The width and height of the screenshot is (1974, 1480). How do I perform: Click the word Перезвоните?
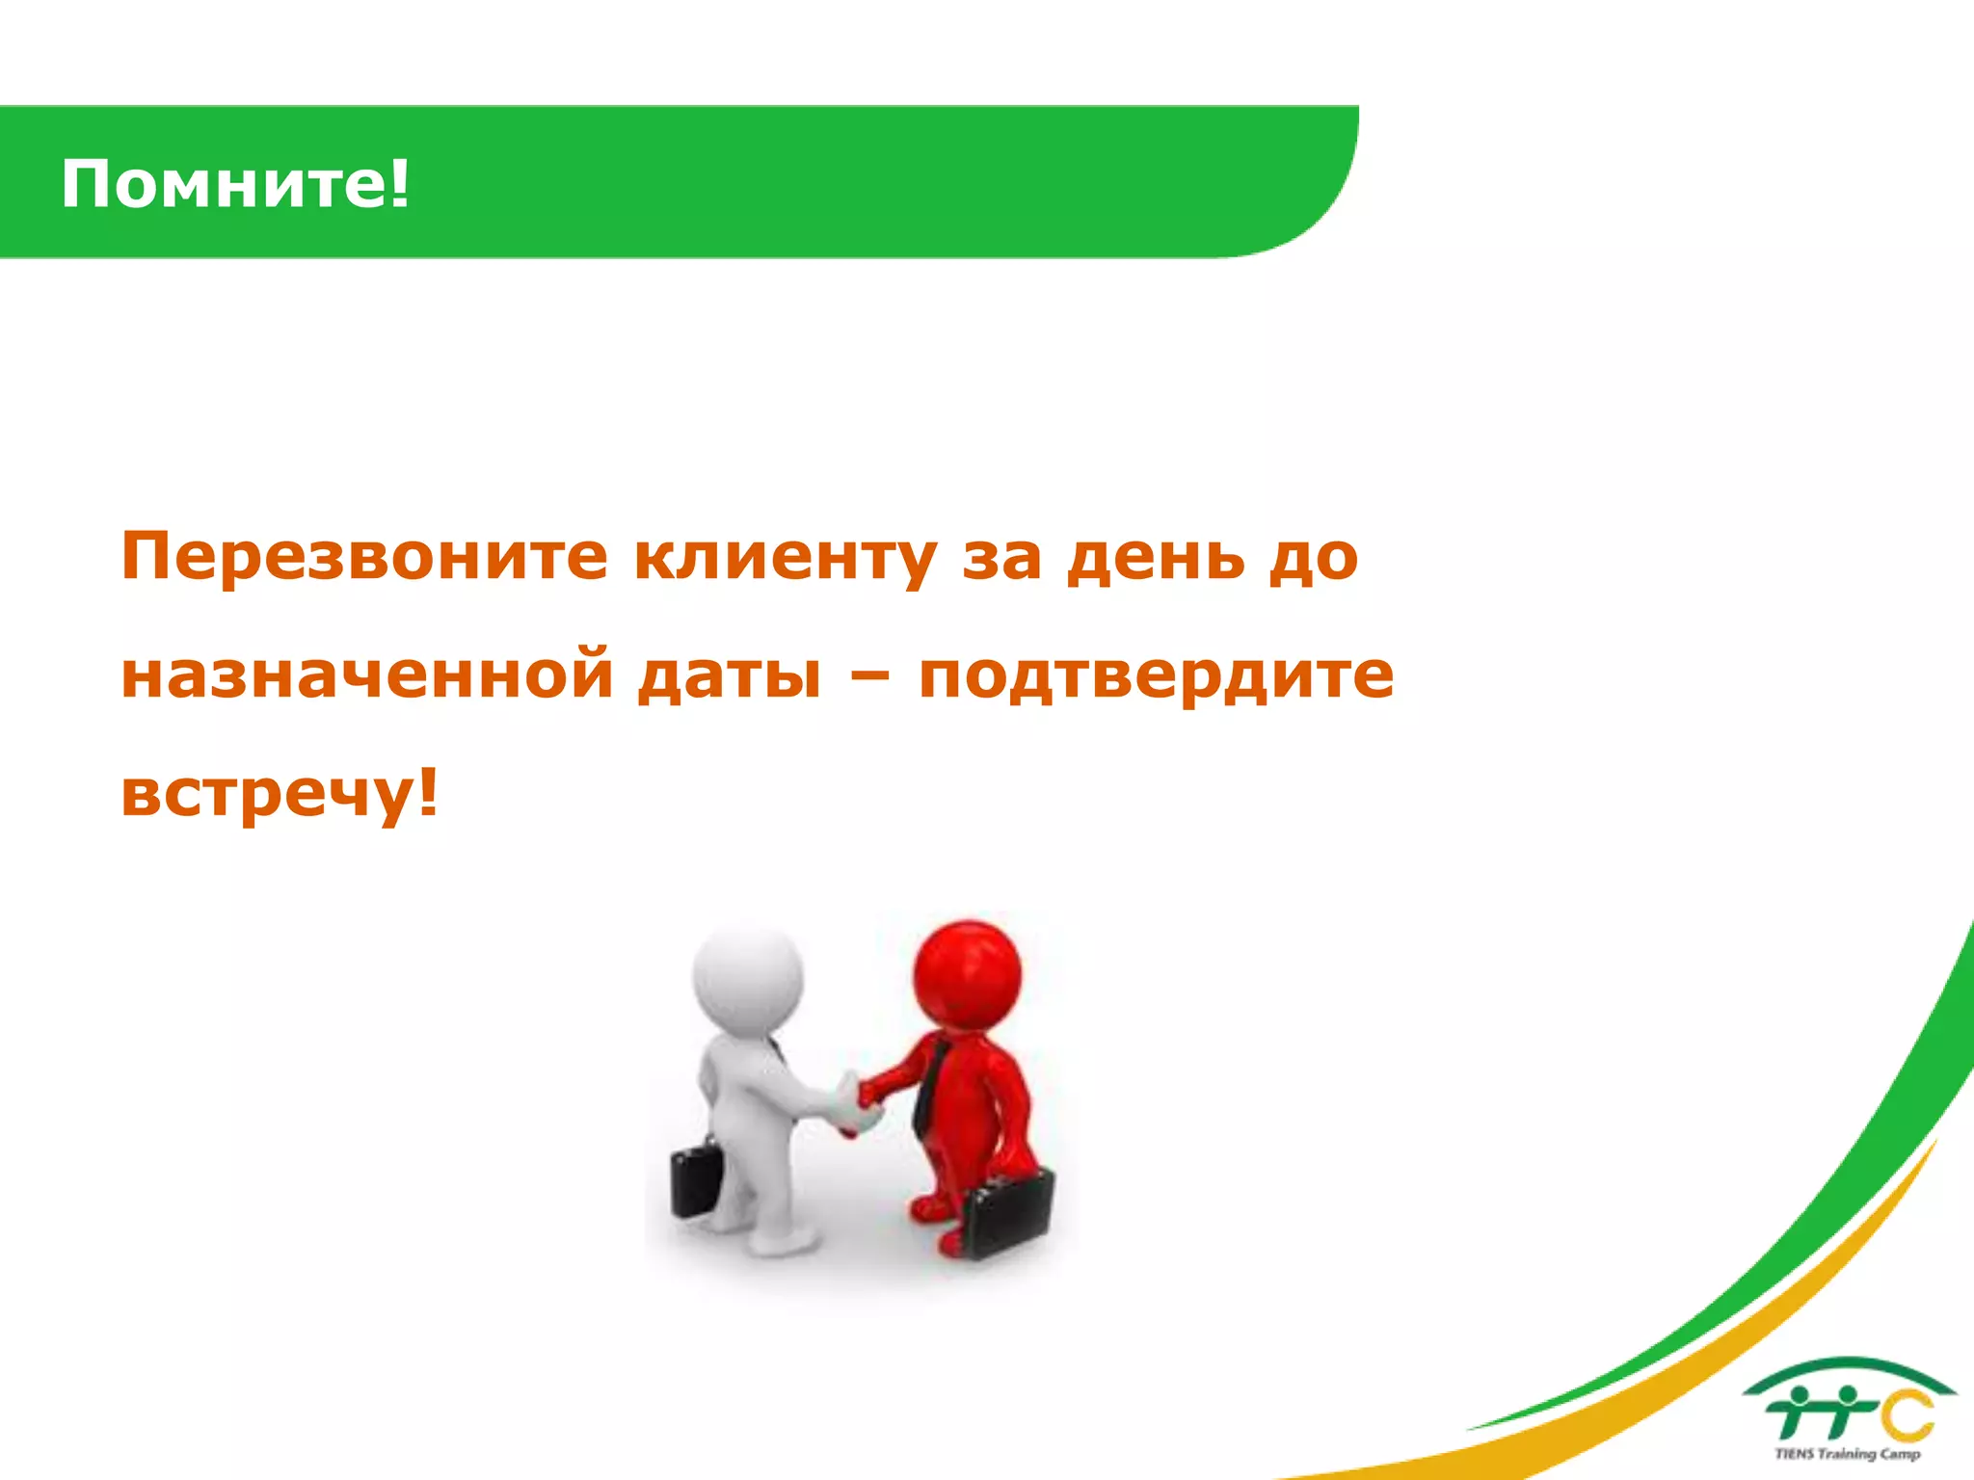click(x=364, y=557)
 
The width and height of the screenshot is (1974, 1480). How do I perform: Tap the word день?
click(x=1155, y=557)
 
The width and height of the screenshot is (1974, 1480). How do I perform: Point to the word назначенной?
click(x=367, y=674)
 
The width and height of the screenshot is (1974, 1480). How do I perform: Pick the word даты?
click(x=730, y=674)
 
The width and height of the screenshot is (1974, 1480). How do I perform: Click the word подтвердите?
click(x=1156, y=676)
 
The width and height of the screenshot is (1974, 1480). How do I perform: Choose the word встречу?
click(x=280, y=794)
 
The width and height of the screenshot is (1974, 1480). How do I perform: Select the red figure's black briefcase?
click(x=1008, y=1212)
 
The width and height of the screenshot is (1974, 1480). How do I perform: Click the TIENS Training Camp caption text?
click(x=1847, y=1454)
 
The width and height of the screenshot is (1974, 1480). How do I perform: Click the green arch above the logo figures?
click(x=1849, y=1369)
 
